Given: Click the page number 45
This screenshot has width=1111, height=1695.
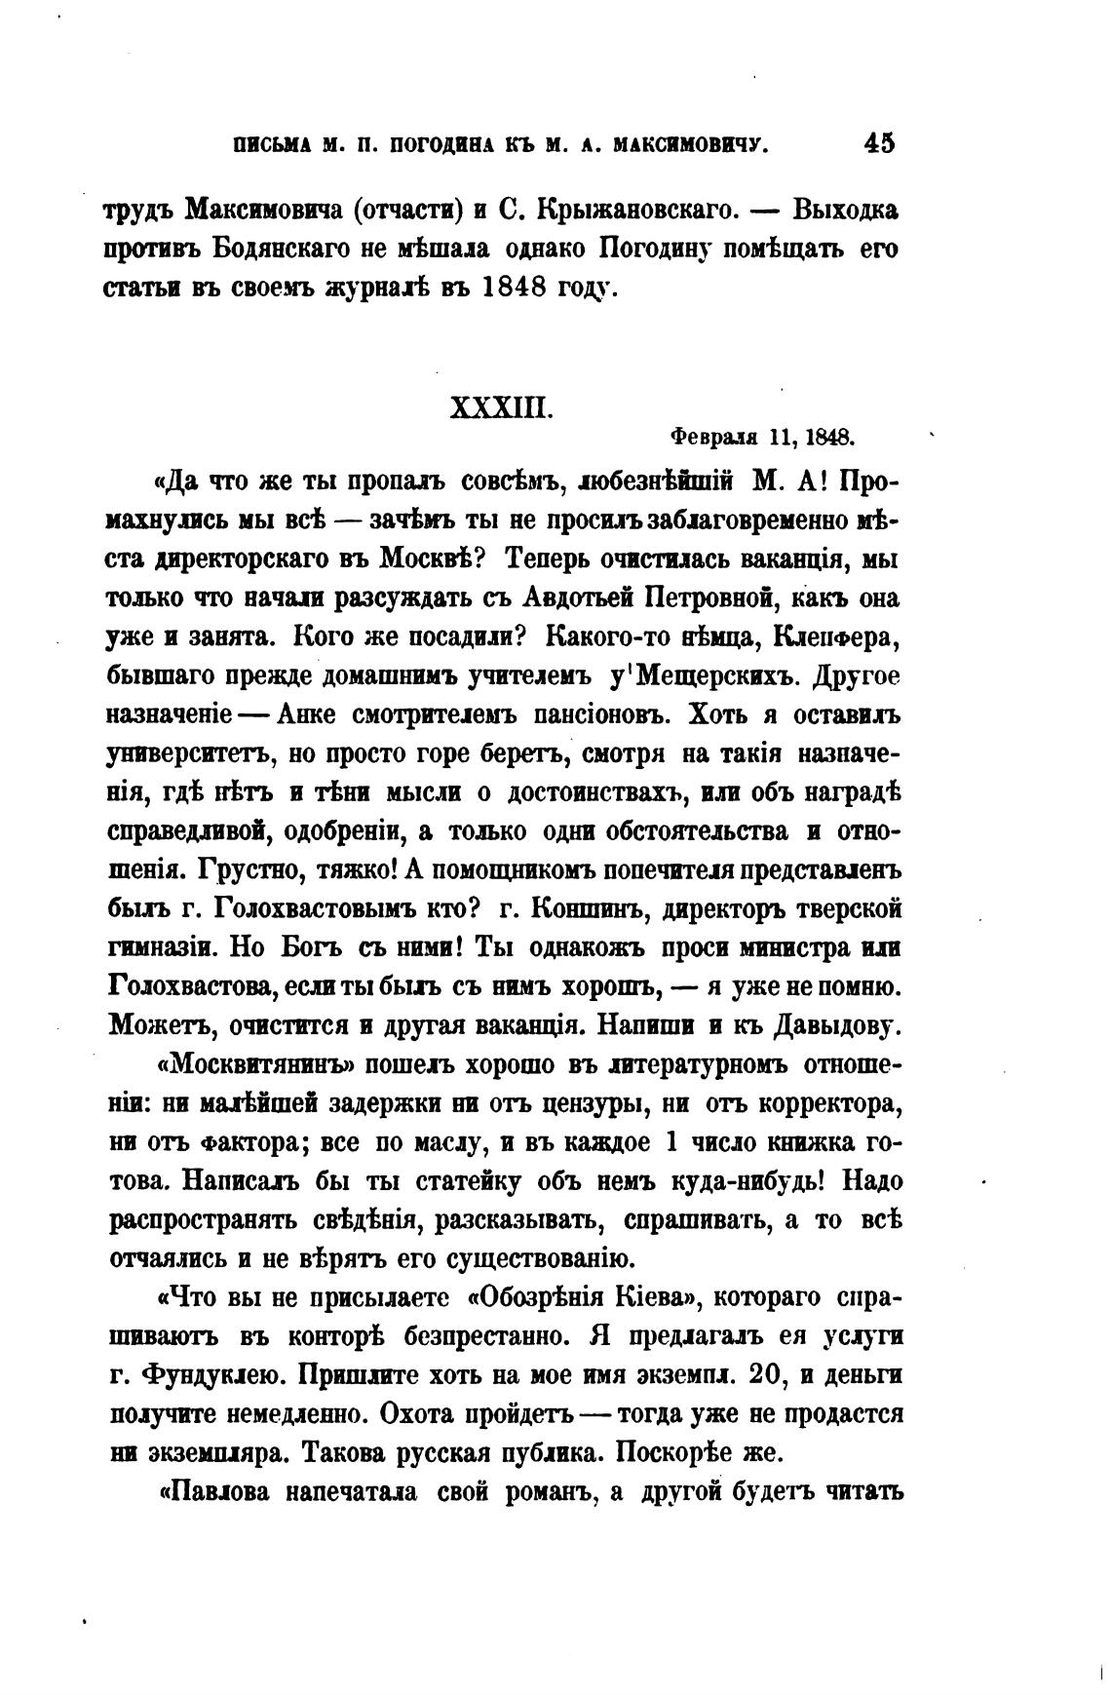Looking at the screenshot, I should [877, 143].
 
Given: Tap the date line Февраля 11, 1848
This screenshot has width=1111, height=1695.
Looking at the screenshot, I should [763, 437].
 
